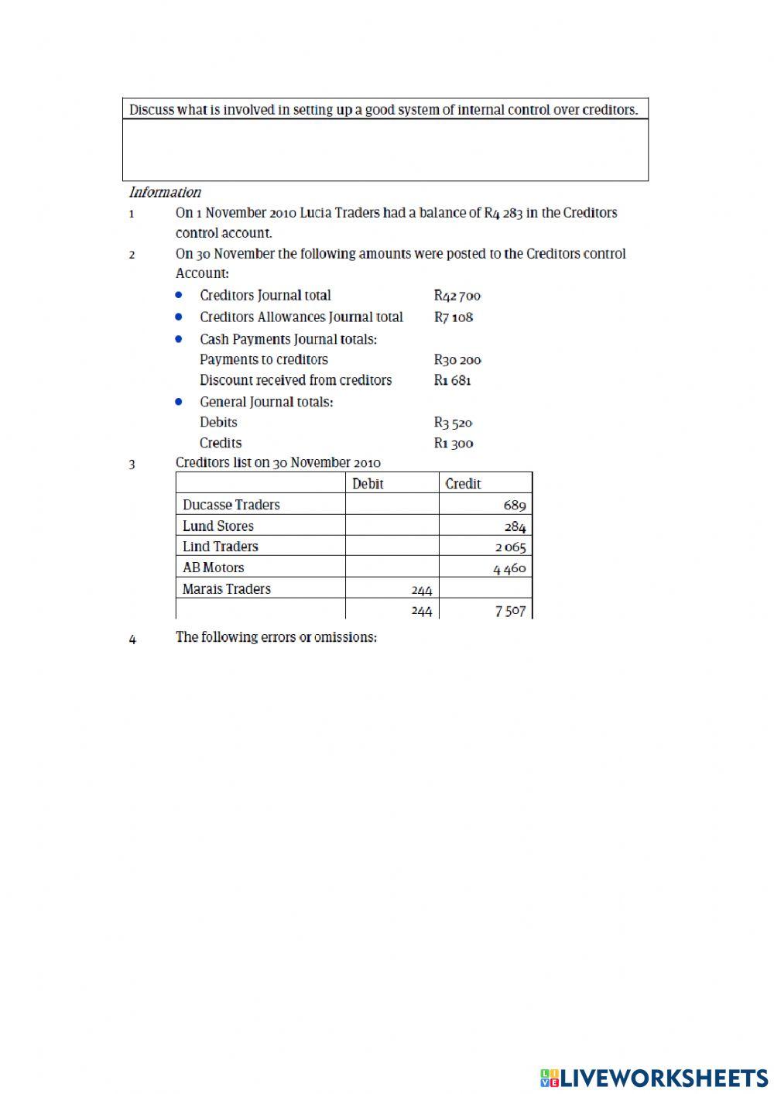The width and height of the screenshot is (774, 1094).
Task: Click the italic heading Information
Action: tap(165, 193)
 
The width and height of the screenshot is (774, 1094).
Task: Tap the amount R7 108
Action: tap(453, 317)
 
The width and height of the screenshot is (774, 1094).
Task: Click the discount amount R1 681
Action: tap(453, 381)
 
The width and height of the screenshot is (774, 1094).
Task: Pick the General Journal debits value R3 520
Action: tap(453, 423)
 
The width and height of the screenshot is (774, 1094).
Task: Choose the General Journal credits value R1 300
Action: tap(453, 444)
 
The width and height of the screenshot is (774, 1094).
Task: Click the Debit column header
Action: tap(368, 484)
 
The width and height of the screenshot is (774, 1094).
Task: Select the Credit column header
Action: tap(463, 484)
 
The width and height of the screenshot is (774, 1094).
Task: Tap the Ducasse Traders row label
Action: tap(231, 505)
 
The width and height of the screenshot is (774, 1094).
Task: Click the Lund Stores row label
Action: tap(217, 526)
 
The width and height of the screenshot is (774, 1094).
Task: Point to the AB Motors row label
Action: tap(213, 568)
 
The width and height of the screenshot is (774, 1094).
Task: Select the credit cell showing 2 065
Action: tap(510, 547)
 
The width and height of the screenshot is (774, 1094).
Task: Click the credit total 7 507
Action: tap(510, 611)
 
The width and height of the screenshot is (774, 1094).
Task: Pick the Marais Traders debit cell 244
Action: tap(421, 590)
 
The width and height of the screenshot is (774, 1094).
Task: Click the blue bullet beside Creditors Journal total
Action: tap(179, 295)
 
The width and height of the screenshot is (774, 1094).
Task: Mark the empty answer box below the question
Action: tap(385, 150)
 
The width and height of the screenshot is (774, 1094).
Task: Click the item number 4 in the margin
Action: tap(132, 640)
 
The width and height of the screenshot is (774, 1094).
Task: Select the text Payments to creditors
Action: tap(263, 360)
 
